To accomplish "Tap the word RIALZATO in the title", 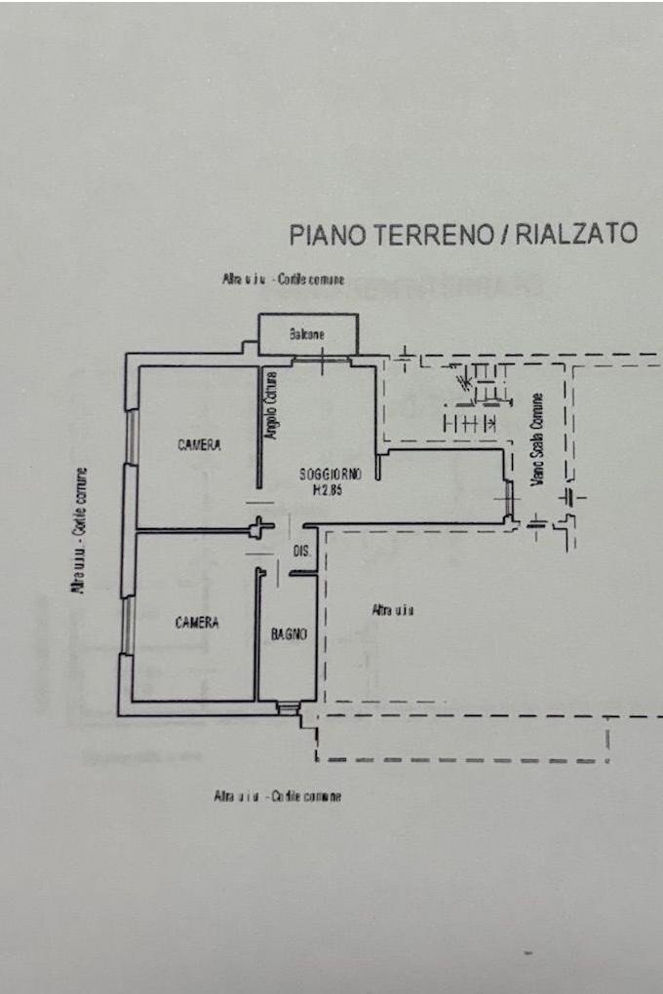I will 576,234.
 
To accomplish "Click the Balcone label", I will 306,335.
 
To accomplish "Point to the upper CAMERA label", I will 199,445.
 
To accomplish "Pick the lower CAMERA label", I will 197,622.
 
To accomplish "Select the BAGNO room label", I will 289,634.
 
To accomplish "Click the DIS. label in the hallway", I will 302,553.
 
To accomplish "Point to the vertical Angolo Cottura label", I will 272,405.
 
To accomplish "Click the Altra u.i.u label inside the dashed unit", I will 393,610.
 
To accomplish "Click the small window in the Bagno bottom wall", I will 288,708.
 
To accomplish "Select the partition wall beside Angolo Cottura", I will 258,429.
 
